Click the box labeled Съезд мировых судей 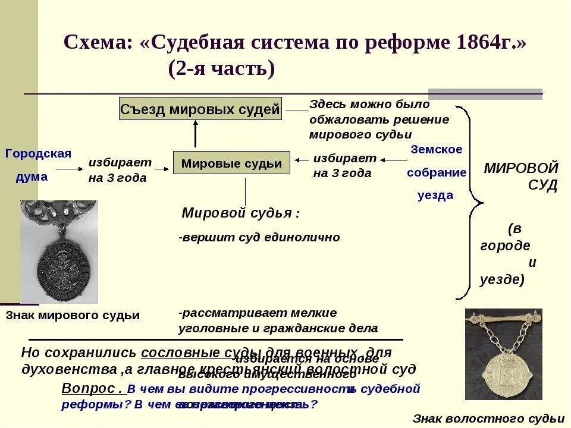[200, 109]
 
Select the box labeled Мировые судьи [231, 163]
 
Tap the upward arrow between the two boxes [195, 134]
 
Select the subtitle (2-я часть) [222, 69]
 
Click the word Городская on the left [38, 154]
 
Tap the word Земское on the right [436, 150]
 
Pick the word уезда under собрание [435, 196]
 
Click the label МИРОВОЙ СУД [521, 176]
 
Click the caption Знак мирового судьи [73, 316]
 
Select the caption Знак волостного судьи [488, 418]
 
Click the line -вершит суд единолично [259, 238]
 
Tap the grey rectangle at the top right [485, 94]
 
